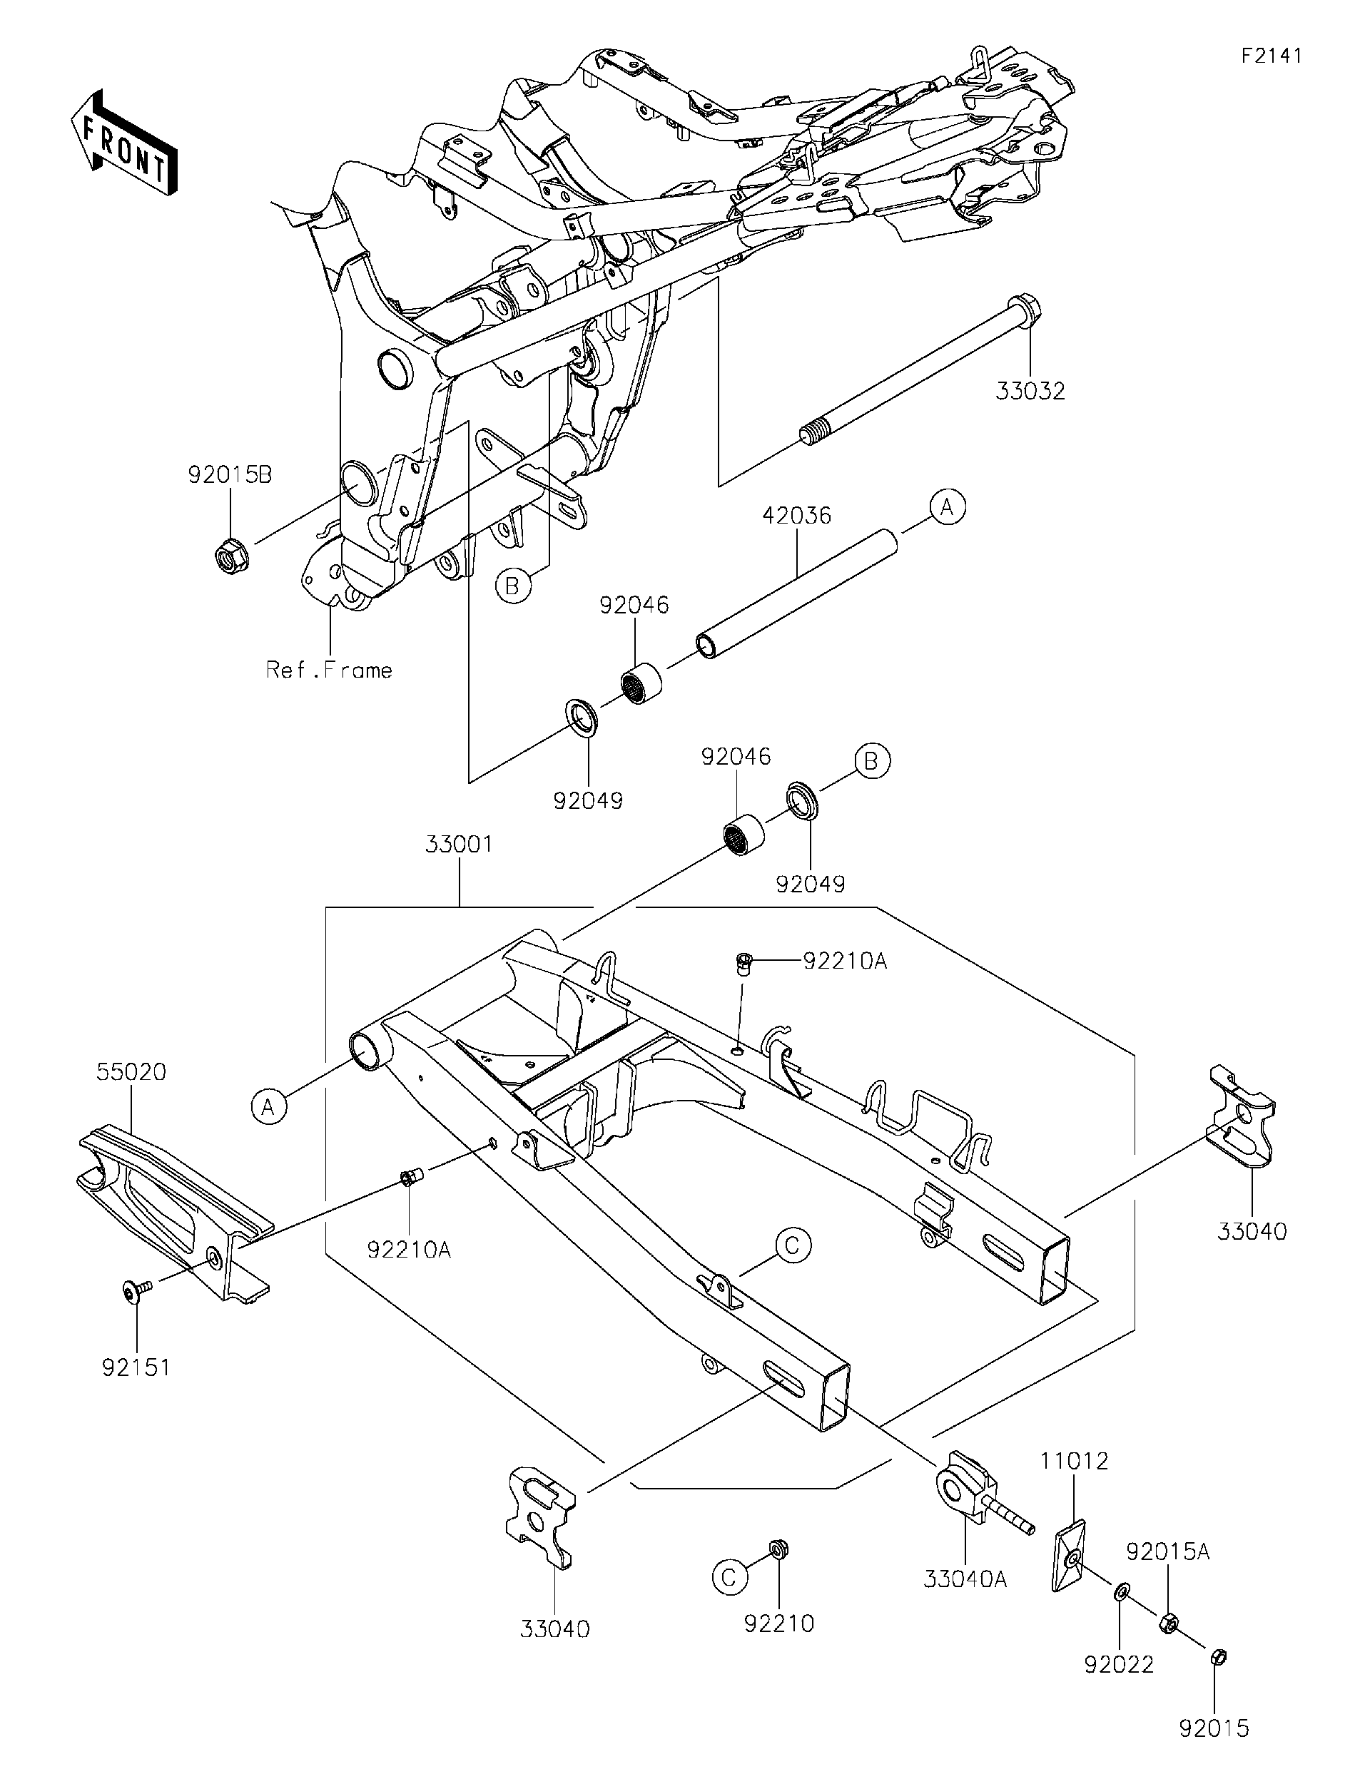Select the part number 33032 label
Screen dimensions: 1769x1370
coord(1030,391)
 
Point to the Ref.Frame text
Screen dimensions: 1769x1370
coord(329,671)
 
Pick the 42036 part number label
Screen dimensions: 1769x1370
coord(796,516)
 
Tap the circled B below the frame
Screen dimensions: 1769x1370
coord(512,585)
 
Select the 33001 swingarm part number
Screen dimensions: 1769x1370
coord(459,844)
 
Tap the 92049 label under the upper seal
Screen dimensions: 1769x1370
coord(588,801)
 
